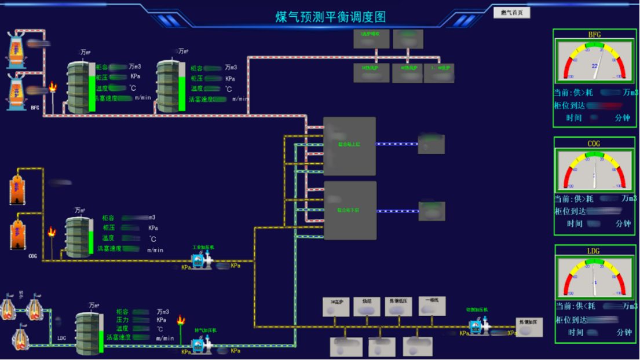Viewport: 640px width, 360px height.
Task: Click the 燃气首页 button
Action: point(511,12)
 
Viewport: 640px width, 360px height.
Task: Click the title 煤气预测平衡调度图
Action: point(331,17)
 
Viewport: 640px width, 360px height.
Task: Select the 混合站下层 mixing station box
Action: point(349,211)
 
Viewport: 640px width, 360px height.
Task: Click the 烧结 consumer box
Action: point(367,307)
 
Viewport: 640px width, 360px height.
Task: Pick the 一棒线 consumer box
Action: point(431,306)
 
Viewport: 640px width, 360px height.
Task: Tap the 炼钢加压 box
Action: point(529,327)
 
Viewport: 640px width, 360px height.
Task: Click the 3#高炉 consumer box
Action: point(336,307)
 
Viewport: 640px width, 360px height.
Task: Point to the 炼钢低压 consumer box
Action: point(398,307)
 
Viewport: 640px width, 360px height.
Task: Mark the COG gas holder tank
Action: point(79,237)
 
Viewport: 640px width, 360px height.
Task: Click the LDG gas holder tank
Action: point(89,333)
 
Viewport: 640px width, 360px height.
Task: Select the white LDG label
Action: point(62,338)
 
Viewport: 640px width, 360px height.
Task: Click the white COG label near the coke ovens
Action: point(32,256)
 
